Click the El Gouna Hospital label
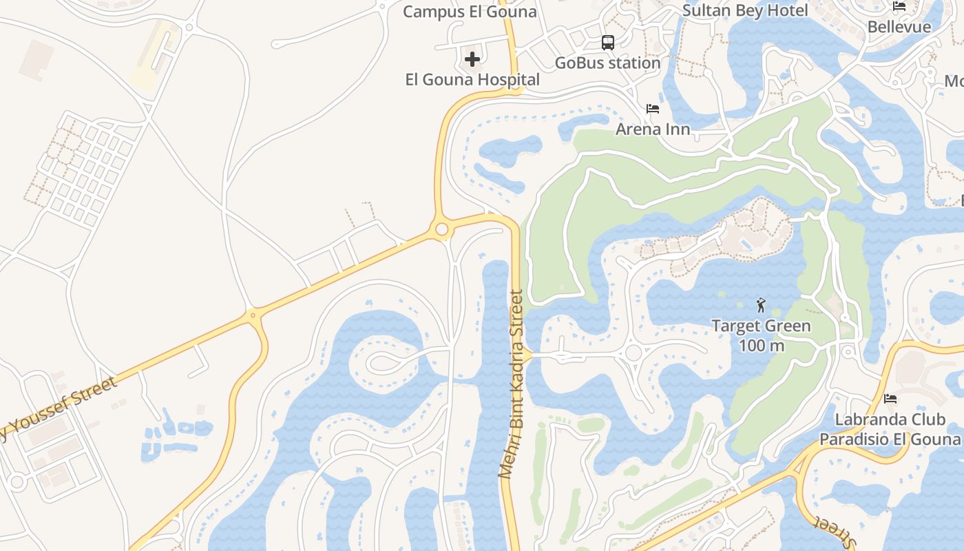click(472, 80)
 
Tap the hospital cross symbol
click(472, 60)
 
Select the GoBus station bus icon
click(608, 43)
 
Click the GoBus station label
click(608, 63)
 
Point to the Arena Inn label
click(653, 129)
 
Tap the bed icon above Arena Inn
click(653, 109)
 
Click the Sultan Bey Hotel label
click(745, 10)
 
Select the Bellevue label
click(899, 27)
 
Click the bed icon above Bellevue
click(899, 7)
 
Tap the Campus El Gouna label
click(470, 12)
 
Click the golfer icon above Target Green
click(761, 305)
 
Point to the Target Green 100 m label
click(761, 335)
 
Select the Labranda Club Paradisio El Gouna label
click(890, 429)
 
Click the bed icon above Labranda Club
click(890, 399)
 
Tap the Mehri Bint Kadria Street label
click(512, 384)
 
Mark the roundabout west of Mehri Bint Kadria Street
click(442, 229)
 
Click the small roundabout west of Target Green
click(633, 353)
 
